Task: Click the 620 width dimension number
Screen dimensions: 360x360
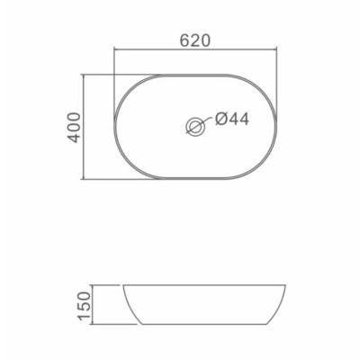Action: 194,40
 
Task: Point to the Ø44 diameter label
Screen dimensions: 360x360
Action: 230,118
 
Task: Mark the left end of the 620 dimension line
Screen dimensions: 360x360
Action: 113,51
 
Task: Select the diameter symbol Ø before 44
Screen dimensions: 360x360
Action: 220,118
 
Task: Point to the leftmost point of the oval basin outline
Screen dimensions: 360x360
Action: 114,127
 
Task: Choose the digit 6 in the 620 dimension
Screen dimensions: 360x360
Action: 184,40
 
